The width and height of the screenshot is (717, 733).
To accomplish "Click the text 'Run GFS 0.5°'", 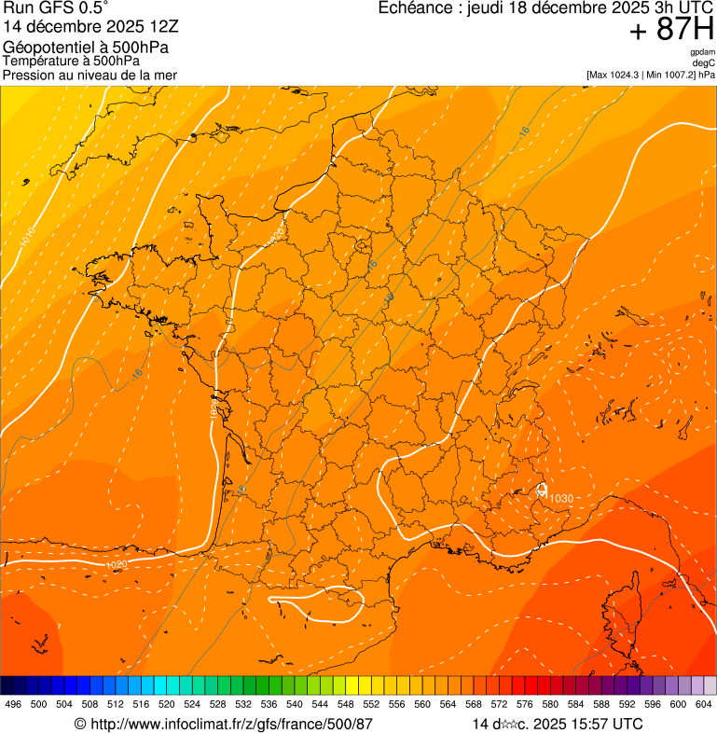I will pyautogui.click(x=55, y=8).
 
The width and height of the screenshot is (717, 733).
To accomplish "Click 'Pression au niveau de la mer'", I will pyautogui.click(x=90, y=75).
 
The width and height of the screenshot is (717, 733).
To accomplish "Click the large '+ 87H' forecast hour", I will pyautogui.click(x=671, y=30).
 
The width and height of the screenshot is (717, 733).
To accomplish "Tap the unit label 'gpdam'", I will pyautogui.click(x=702, y=52).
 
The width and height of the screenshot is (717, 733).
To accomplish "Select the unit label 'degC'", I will pyautogui.click(x=704, y=62).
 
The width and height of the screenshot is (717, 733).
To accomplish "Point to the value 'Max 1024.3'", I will pyautogui.click(x=619, y=75).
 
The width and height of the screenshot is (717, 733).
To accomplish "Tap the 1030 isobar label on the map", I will pyautogui.click(x=560, y=498).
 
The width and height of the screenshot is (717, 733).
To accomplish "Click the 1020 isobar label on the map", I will pyautogui.click(x=117, y=565).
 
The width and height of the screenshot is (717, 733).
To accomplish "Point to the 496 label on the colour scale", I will pyautogui.click(x=13, y=705).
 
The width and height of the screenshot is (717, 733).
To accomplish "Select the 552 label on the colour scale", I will pyautogui.click(x=371, y=705).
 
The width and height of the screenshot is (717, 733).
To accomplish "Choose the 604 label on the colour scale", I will pyautogui.click(x=703, y=705).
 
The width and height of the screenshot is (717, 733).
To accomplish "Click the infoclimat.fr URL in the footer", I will pyautogui.click(x=223, y=724).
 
